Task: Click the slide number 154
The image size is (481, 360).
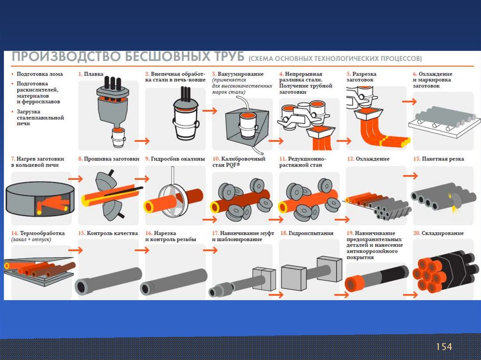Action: pos(444,347)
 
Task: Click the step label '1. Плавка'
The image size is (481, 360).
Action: pos(91,74)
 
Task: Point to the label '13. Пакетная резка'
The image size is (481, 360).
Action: pos(438,159)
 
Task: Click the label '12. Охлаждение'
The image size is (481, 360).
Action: pos(368,159)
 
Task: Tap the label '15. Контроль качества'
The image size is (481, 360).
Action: pos(108,233)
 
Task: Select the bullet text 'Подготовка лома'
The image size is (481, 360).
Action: pos(39,74)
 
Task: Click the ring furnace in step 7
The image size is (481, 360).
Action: pos(40,198)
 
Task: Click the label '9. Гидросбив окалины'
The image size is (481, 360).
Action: pos(175,159)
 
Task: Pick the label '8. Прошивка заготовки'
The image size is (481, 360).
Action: pos(109,159)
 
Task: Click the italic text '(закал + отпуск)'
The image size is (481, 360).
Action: pos(31,239)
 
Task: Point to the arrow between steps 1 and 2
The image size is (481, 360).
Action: pos(142,141)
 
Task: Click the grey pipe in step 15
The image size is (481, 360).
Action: pos(109,281)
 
